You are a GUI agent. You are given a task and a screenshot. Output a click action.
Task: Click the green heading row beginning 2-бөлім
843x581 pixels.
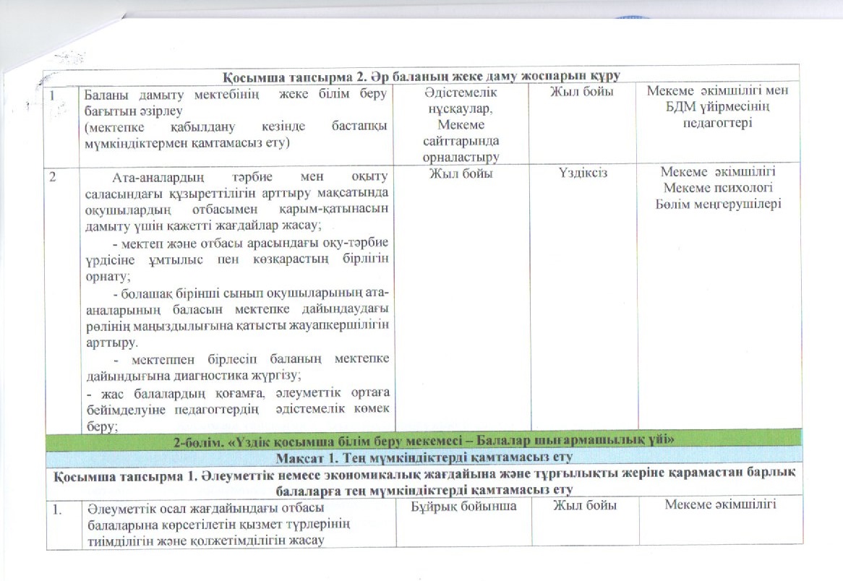(x=422, y=439)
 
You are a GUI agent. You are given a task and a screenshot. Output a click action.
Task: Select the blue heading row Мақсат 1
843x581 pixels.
(x=422, y=456)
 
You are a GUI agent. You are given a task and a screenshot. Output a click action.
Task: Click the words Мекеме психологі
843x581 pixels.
(x=719, y=189)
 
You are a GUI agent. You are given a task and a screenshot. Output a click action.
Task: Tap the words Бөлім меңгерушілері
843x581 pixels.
(x=719, y=205)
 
